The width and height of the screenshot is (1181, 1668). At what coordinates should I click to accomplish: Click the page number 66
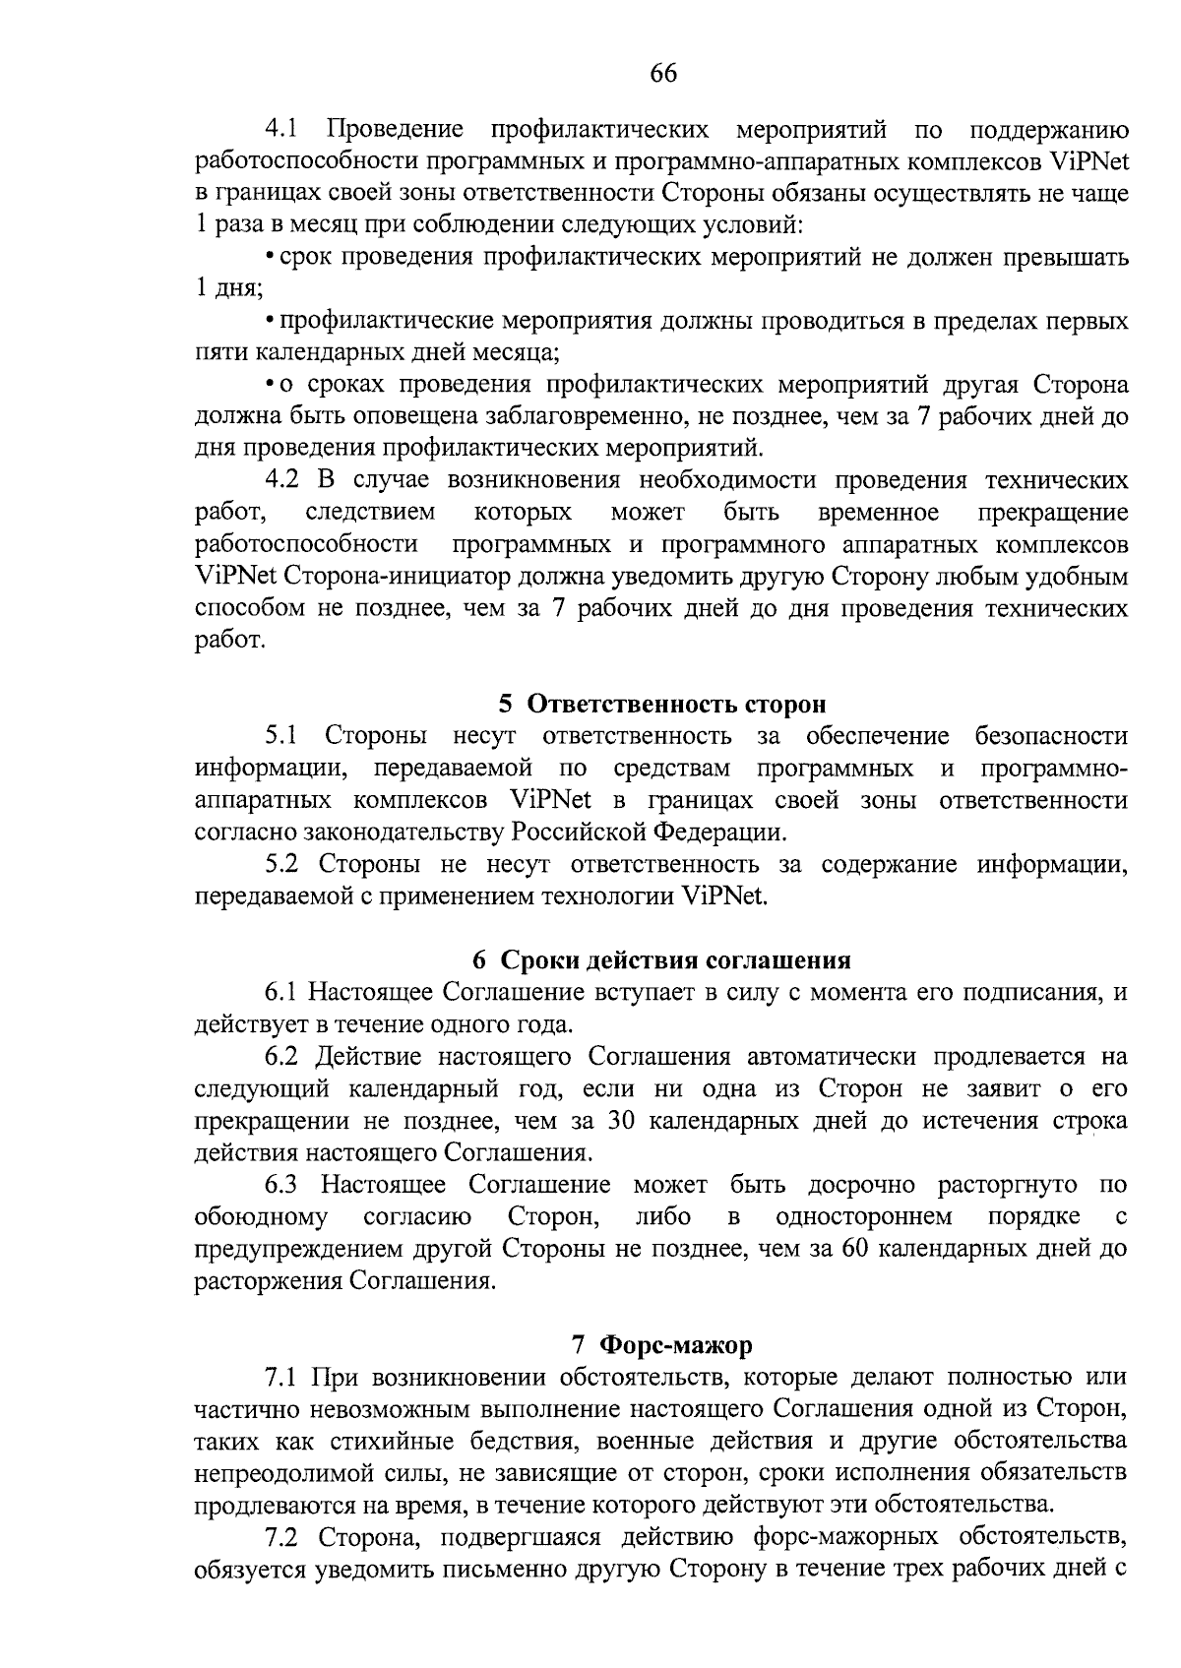point(663,74)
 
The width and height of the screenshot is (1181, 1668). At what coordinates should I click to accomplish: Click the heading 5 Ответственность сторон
point(661,704)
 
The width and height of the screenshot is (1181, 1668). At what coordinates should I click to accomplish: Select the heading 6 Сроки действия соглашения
point(661,959)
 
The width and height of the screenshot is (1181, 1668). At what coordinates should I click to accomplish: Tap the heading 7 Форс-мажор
point(661,1344)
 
